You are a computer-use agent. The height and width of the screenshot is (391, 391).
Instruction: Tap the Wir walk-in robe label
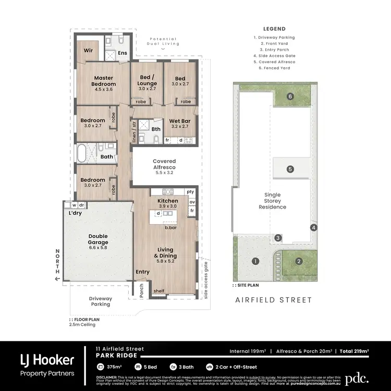click(89, 51)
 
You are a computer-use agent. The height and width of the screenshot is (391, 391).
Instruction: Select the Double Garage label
click(97, 239)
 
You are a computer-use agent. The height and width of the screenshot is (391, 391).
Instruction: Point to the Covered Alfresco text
click(164, 164)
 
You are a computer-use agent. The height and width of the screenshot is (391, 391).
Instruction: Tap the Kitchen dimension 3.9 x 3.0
click(168, 206)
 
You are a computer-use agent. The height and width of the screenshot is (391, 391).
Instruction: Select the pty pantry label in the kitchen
click(190, 192)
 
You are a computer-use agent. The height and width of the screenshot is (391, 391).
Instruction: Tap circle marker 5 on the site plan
click(290, 169)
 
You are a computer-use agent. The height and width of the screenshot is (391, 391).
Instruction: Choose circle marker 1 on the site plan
click(255, 261)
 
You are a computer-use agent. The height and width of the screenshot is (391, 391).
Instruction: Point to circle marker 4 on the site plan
click(313, 227)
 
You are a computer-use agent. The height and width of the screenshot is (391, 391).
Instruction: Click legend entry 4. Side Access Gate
click(274, 55)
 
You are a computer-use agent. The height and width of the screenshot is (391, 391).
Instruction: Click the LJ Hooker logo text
click(47, 359)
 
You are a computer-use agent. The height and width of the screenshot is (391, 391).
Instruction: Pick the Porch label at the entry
click(140, 290)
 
